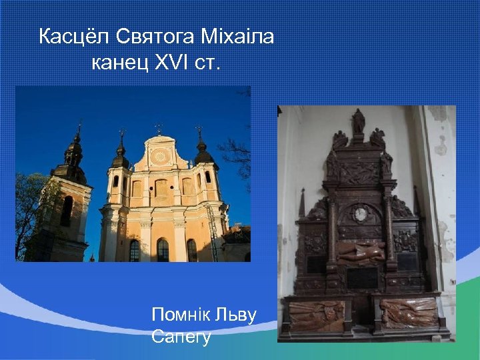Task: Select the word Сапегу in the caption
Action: pos(181,337)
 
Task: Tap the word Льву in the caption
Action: pos(235,315)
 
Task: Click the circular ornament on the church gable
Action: pos(159,157)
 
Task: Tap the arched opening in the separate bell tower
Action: pos(67,210)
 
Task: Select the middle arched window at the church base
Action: pos(163,250)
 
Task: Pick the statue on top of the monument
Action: pos(359,121)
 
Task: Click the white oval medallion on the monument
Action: pos(361,214)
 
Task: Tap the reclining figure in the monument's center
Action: pos(361,251)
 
